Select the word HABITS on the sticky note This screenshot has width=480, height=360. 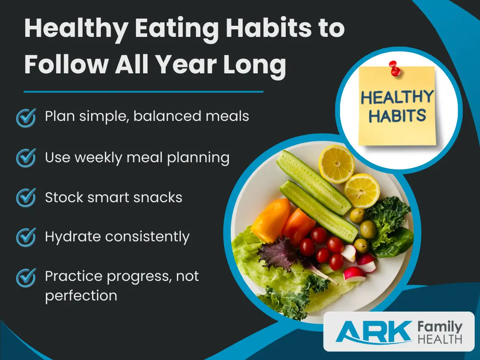tap(397, 116)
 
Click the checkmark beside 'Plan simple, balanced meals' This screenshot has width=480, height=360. tap(26, 117)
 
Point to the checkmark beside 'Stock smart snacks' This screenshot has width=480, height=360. tap(26, 197)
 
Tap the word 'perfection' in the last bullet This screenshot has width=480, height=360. tap(81, 295)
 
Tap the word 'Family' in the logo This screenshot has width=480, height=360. tap(440, 327)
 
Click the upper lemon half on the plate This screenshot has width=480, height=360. tap(336, 164)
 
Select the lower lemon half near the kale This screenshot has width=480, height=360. tap(362, 190)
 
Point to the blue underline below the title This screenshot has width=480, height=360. tap(143, 92)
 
